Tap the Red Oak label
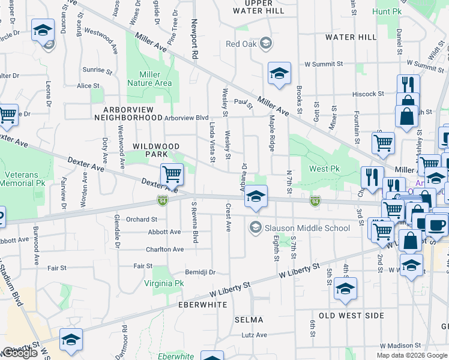click(241, 43)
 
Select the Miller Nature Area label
click(149, 79)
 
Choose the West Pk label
click(324, 169)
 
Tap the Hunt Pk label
click(387, 11)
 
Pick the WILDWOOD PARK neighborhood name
click(155, 150)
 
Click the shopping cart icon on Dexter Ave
click(172, 175)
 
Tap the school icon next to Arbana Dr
click(256, 197)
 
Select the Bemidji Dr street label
click(200, 272)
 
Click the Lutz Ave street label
click(254, 335)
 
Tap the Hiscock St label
click(368, 94)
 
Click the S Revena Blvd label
click(194, 222)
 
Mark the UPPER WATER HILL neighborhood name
click(259, 7)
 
